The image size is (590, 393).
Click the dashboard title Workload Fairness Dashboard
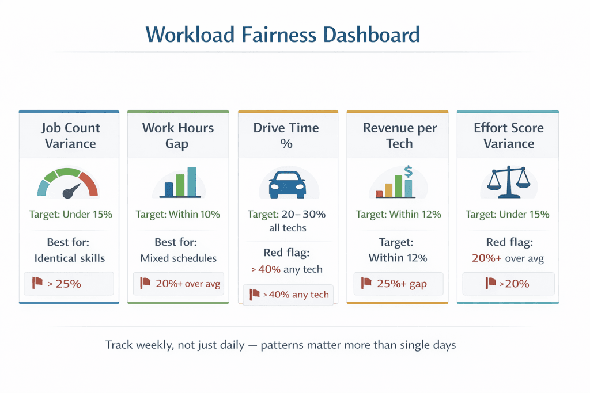pos(282,35)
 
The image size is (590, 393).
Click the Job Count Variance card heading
pos(70,135)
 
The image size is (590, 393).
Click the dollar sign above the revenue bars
pos(409,171)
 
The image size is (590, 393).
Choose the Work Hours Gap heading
pos(177,135)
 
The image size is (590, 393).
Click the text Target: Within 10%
pos(177,215)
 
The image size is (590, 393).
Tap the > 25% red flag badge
pos(69,283)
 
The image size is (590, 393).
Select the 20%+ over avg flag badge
pos(177,283)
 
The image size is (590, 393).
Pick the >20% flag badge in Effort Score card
pos(508,283)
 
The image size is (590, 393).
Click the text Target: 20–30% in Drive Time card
pos(286,215)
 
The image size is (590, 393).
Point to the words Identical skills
pos(69,258)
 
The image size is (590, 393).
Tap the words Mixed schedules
pos(177,258)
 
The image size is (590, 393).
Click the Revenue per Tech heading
pos(399,135)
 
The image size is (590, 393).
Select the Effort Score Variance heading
pos(508,135)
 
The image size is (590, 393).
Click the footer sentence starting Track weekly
pos(281,345)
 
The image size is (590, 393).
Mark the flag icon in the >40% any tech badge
pos(255,295)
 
